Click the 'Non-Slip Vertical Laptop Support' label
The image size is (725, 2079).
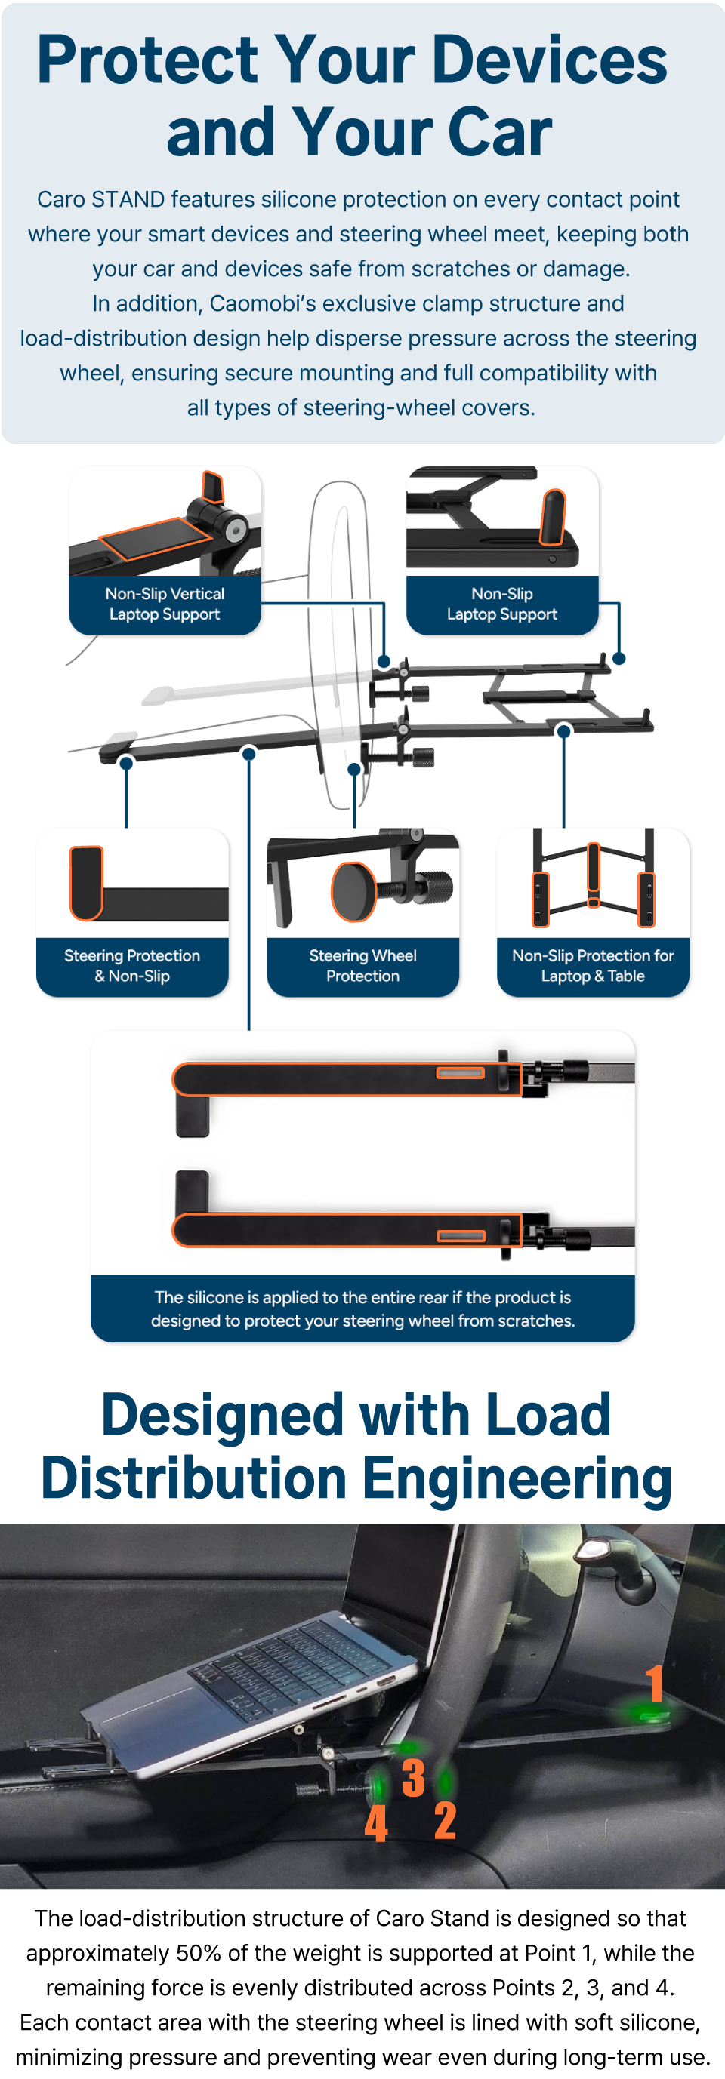click(165, 604)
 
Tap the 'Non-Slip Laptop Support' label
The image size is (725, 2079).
click(502, 604)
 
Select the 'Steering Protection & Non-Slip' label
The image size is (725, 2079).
click(132, 965)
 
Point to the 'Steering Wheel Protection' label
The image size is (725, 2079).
click(362, 965)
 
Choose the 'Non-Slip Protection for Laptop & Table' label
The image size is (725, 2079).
click(593, 965)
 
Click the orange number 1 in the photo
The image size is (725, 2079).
click(655, 1684)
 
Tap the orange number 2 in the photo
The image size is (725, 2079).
click(445, 1821)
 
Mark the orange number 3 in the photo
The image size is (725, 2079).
click(413, 1778)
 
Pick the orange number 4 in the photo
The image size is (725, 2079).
click(376, 1823)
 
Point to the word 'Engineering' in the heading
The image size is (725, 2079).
click(517, 1478)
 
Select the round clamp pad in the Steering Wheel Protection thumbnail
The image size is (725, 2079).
click(353, 892)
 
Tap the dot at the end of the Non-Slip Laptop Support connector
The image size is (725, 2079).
click(619, 659)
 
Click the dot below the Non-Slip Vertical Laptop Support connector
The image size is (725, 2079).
click(384, 662)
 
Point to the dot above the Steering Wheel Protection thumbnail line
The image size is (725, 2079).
click(353, 769)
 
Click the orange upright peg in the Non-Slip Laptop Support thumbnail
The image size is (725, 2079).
click(553, 516)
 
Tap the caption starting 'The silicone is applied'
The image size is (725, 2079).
click(362, 1309)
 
